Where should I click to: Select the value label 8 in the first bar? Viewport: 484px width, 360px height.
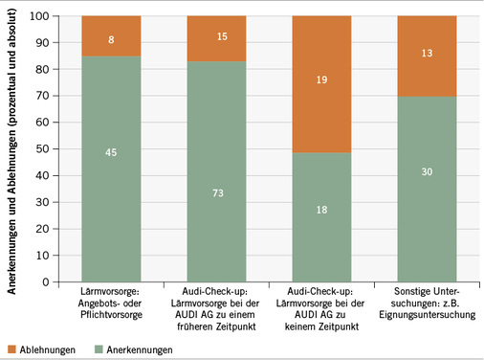113,41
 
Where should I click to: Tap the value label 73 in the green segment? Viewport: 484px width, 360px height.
218,166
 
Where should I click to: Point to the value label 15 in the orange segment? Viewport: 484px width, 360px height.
218,37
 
